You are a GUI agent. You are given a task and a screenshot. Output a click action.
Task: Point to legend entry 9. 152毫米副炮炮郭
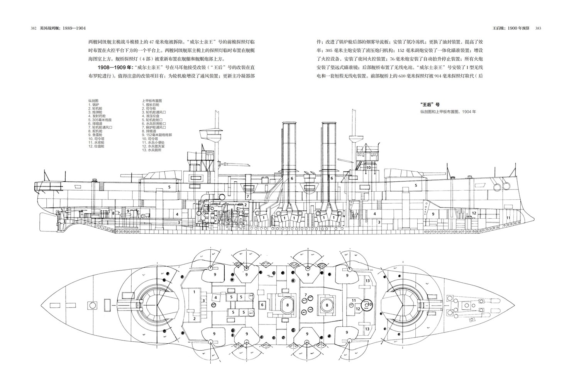157,135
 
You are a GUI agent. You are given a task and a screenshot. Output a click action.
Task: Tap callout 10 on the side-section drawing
369,168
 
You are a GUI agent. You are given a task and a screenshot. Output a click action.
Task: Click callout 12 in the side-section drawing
474,213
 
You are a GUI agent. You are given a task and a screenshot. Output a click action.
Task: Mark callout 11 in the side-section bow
508,218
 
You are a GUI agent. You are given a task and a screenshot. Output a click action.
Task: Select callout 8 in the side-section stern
113,213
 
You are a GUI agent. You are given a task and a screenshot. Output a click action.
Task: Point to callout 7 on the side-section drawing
247,196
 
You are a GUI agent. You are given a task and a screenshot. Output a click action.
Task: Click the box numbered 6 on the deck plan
262,305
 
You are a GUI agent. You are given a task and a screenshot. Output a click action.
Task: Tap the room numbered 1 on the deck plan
194,292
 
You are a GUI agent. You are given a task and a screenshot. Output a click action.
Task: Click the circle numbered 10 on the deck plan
369,304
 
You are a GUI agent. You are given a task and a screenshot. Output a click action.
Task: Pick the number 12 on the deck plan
358,309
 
